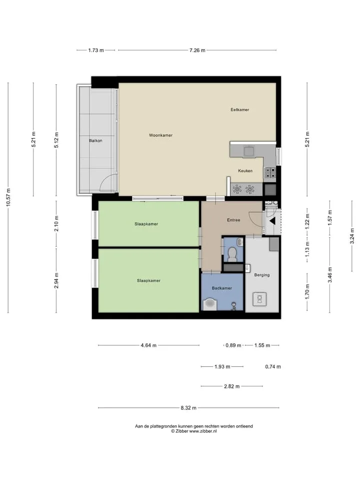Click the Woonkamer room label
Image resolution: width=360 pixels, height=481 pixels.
click(x=160, y=135)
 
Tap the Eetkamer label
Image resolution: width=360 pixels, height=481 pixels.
click(x=239, y=110)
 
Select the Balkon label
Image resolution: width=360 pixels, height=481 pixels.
click(x=95, y=140)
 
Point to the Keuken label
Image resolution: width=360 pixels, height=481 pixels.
click(x=245, y=170)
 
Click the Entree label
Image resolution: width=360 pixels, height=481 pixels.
click(x=233, y=220)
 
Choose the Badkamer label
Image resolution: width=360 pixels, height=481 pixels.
click(x=221, y=288)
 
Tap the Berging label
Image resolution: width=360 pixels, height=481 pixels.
click(x=261, y=275)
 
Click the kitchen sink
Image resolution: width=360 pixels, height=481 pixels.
click(x=248, y=151)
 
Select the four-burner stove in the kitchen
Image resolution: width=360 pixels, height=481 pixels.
click(x=270, y=173)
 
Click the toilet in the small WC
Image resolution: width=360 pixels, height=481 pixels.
click(x=232, y=255)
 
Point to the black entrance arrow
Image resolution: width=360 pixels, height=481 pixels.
click(x=272, y=221)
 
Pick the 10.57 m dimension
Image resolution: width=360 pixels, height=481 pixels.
click(x=8, y=197)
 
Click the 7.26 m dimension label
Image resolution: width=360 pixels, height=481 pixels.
click(x=197, y=50)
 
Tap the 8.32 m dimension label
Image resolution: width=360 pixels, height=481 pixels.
click(x=188, y=408)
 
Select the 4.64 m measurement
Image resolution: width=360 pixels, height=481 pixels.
click(x=148, y=345)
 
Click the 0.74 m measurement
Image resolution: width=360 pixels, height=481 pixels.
click(x=273, y=367)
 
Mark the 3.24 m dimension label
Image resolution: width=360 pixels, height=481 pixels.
click(x=352, y=236)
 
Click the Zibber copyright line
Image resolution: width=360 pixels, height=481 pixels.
click(x=194, y=431)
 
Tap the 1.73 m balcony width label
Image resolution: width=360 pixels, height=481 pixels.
click(x=96, y=50)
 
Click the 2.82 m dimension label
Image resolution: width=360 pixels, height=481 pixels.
click(x=231, y=386)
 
